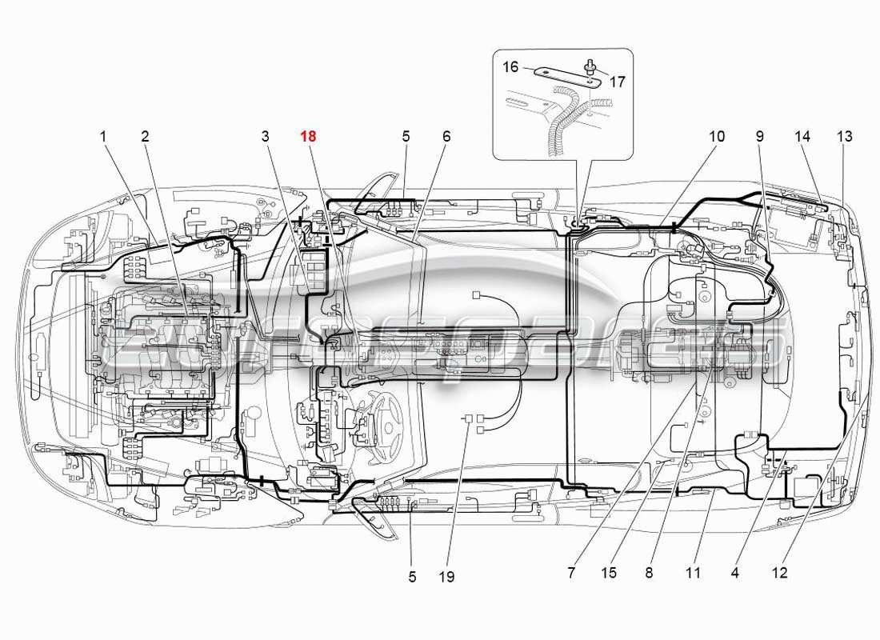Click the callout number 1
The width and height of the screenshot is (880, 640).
pyautogui.click(x=103, y=137)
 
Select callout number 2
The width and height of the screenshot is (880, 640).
pyautogui.click(x=145, y=137)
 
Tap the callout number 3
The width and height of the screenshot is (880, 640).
pyautogui.click(x=266, y=137)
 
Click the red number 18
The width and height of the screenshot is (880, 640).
pyautogui.click(x=308, y=137)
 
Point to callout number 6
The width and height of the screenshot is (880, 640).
pyautogui.click(x=446, y=137)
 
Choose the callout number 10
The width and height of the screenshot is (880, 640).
pyautogui.click(x=716, y=137)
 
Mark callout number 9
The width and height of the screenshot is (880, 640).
pyautogui.click(x=759, y=137)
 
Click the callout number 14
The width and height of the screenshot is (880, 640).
pyautogui.click(x=803, y=137)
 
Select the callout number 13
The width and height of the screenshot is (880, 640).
pyautogui.click(x=845, y=137)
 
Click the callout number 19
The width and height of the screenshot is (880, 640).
pyautogui.click(x=446, y=576)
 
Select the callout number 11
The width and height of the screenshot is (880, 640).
pyautogui.click(x=693, y=573)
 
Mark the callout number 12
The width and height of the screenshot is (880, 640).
pyautogui.click(x=780, y=573)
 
